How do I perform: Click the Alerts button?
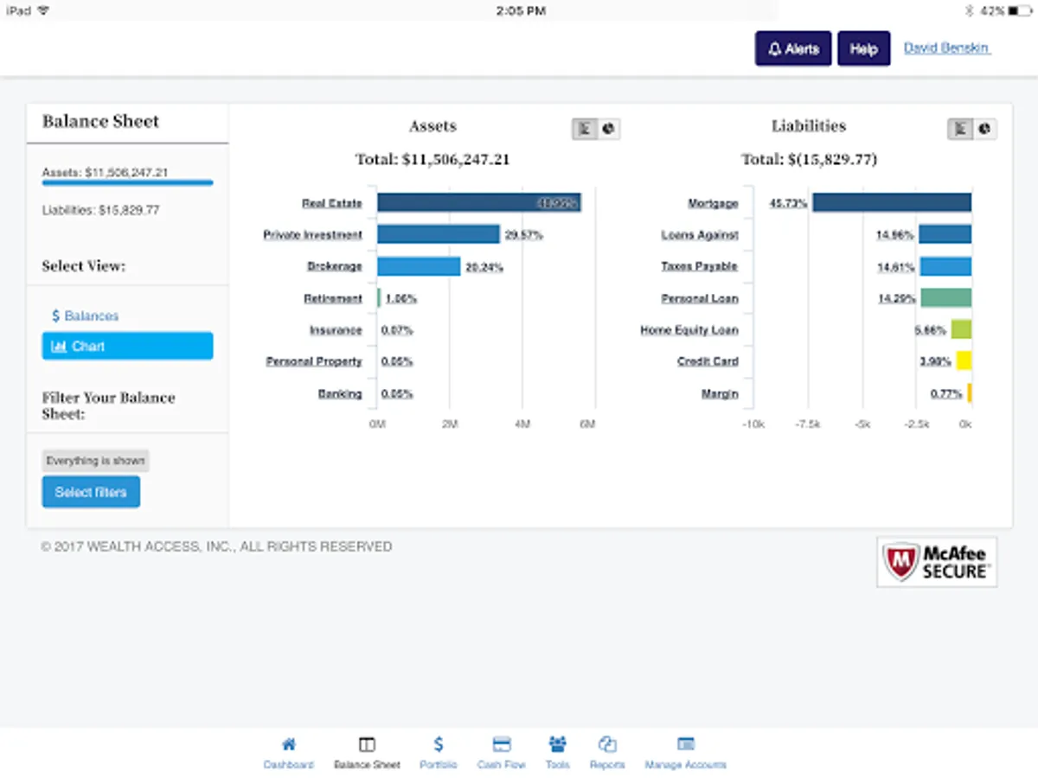793,49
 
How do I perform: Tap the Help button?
863,49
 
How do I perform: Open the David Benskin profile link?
946,48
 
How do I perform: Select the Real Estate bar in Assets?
478,203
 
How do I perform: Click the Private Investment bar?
438,234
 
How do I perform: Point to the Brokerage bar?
419,266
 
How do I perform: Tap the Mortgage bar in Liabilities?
891,203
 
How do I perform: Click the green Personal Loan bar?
945,298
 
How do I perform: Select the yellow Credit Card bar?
964,361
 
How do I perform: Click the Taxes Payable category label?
699,266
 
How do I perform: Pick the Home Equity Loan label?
689,330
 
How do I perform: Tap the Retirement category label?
333,298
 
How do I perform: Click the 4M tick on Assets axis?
522,424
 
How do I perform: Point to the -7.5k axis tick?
808,424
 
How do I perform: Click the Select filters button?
91,492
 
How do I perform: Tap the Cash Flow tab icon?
502,744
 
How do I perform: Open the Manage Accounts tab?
685,752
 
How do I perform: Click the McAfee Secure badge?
936,562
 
